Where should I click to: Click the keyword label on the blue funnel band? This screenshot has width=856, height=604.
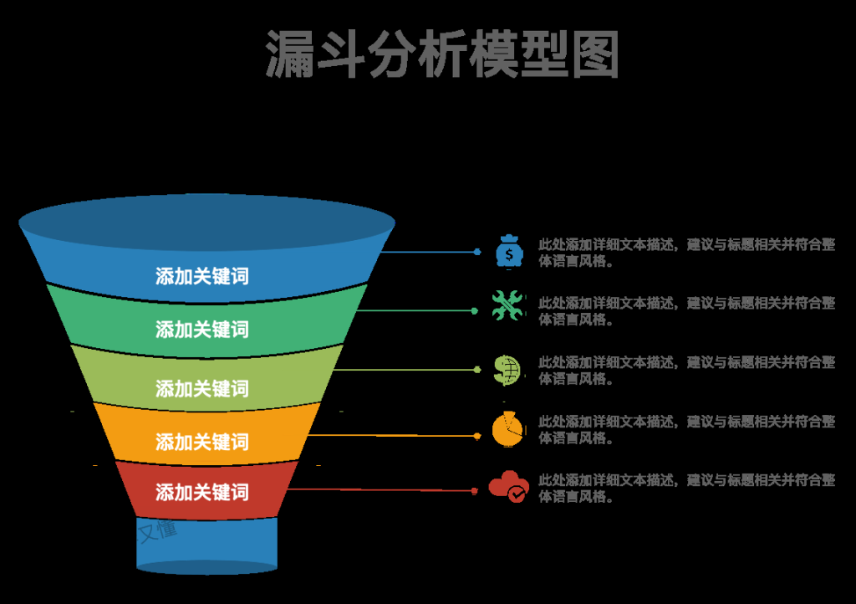(x=202, y=276)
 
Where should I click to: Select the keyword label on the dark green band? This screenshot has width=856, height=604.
(x=202, y=329)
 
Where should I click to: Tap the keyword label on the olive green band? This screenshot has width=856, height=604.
(x=202, y=388)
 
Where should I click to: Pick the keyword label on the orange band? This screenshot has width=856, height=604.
(x=202, y=441)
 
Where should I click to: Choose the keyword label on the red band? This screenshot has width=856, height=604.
(x=202, y=492)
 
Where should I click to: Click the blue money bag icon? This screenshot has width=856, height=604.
(x=508, y=252)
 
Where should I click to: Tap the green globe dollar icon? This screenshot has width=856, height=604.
(x=507, y=369)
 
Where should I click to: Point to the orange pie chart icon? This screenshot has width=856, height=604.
(x=507, y=429)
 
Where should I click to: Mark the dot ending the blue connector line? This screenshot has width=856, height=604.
(x=477, y=252)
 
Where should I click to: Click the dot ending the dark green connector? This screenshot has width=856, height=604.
(x=475, y=311)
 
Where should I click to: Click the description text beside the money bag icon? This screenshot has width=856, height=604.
(x=685, y=252)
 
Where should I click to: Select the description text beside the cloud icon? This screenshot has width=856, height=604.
(x=685, y=488)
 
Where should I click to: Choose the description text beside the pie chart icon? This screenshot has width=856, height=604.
(x=685, y=429)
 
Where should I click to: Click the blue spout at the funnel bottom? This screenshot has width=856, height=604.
(x=206, y=545)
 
